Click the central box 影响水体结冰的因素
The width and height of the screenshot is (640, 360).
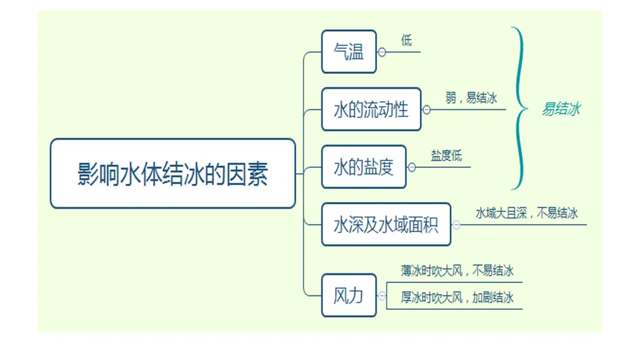[173, 174]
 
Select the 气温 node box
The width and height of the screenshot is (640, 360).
[349, 52]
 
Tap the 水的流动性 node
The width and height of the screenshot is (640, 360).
[371, 109]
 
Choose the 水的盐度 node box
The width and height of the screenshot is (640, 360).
[363, 167]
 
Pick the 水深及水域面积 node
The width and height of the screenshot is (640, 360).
[386, 225]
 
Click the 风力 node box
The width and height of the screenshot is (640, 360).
[349, 295]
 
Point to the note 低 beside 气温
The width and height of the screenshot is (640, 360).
[407, 41]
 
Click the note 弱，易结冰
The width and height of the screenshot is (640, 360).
[471, 98]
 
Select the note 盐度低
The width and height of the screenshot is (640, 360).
[446, 156]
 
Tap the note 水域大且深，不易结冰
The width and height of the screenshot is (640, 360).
[526, 213]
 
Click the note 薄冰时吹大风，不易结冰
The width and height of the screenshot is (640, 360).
[457, 271]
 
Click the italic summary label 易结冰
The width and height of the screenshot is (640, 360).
[560, 109]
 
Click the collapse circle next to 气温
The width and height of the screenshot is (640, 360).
[382, 52]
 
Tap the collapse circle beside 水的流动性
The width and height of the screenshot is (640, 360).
[427, 110]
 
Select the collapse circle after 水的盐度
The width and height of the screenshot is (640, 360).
[411, 167]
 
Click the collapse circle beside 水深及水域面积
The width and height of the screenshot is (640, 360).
[457, 225]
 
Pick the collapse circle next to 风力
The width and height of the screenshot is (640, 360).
[382, 295]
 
